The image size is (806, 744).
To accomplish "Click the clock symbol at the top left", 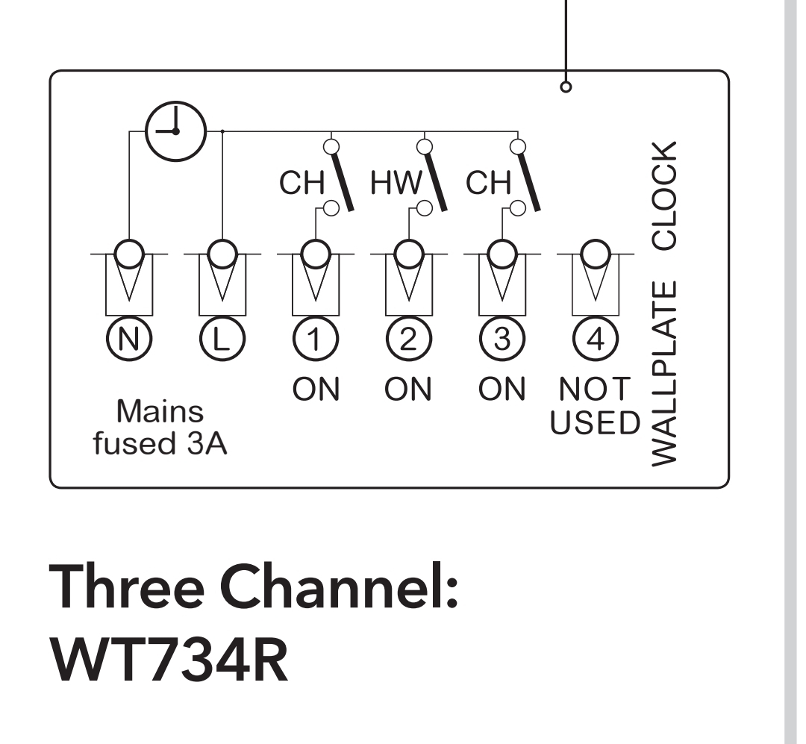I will pos(174,131).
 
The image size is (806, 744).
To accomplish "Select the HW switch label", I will pos(396,184).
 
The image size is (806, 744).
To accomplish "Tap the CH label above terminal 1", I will pos(302,184).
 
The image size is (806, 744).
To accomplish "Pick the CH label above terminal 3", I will pos(488,184).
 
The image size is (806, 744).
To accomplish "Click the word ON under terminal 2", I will pos(407,389).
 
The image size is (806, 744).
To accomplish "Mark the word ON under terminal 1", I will pos(315,389).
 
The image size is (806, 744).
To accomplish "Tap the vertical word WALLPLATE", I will pos(664,373).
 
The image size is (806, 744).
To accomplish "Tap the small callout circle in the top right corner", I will pos(566,87).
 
